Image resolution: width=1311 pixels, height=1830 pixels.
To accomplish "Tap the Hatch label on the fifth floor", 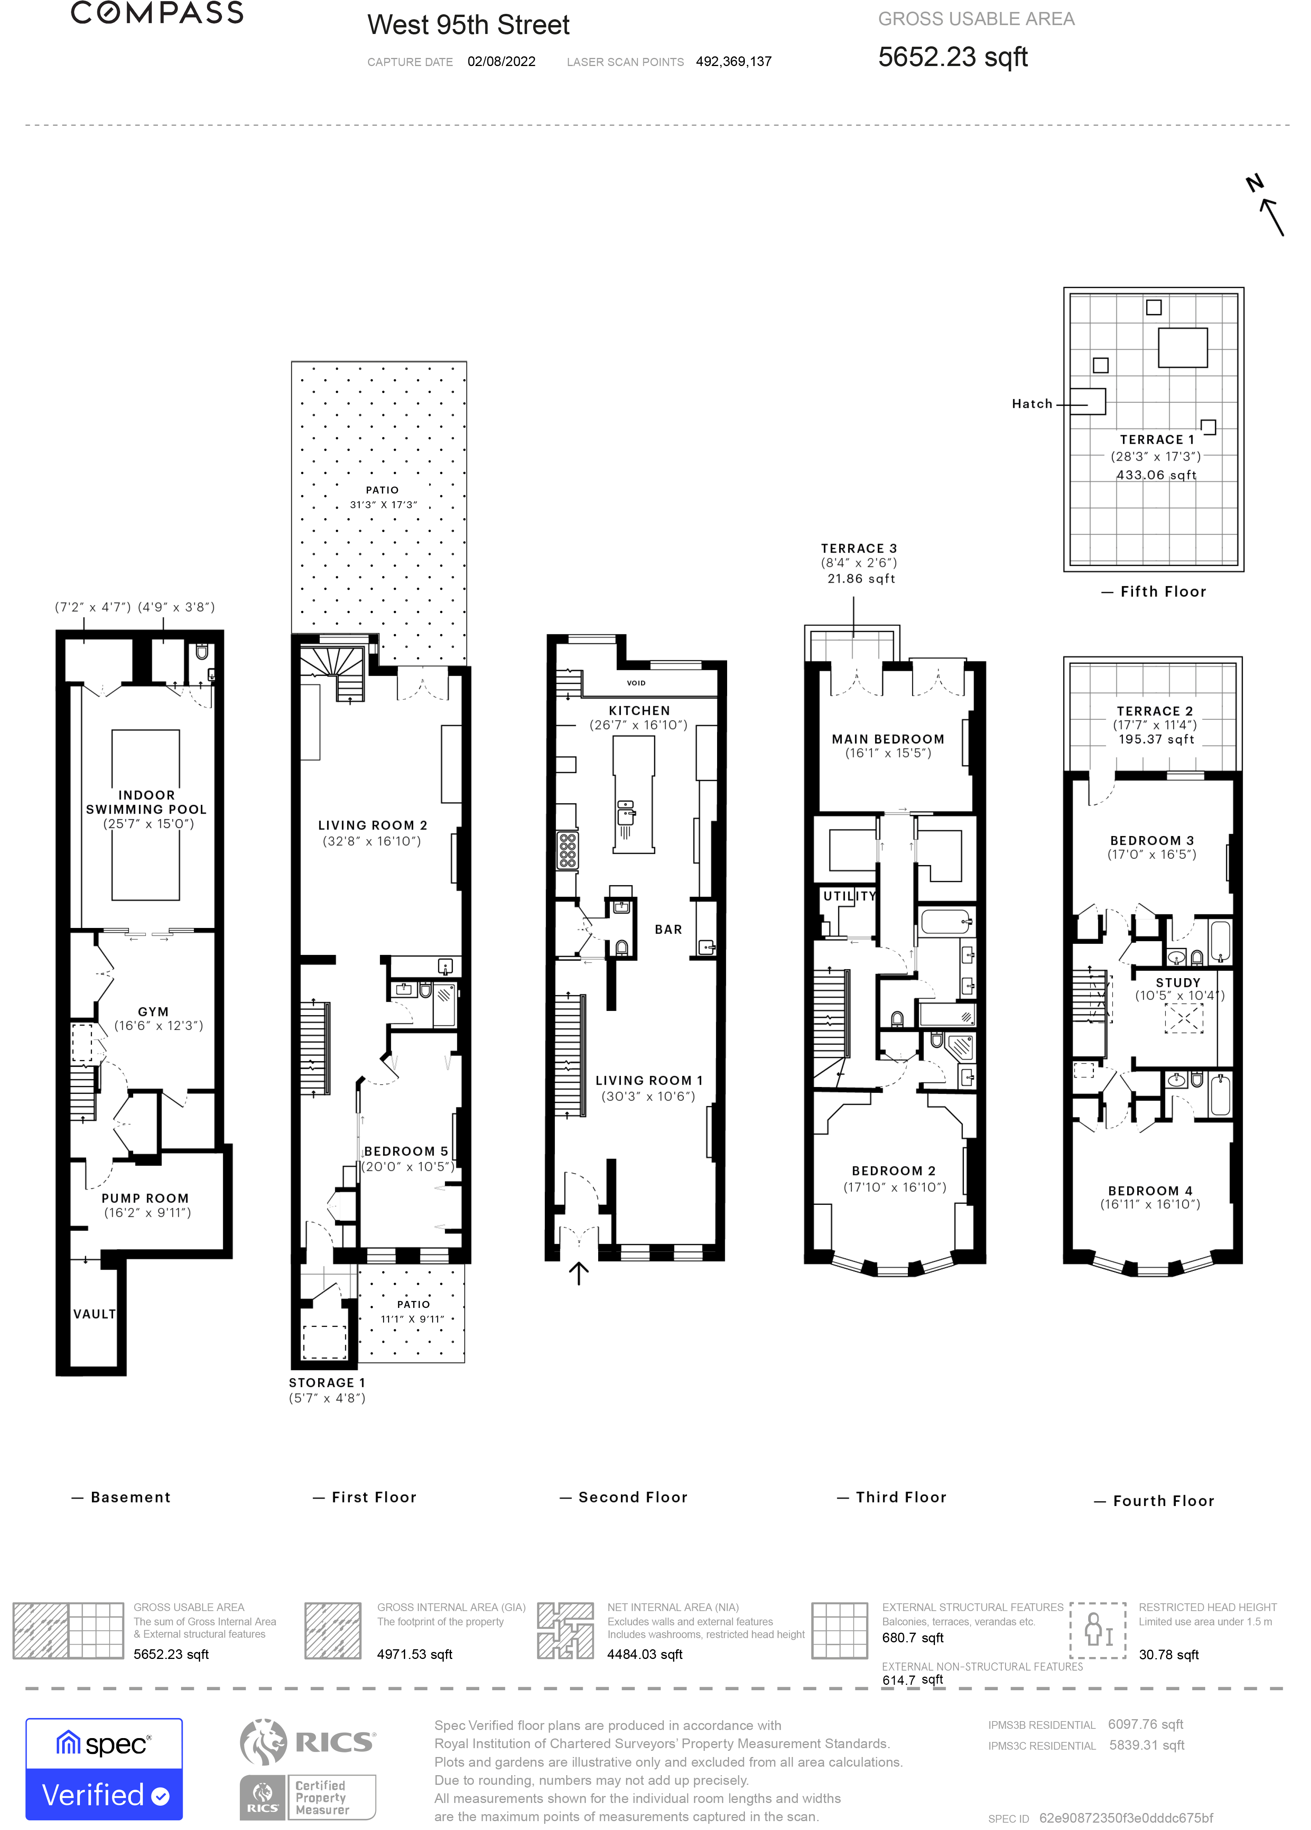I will (1032, 404).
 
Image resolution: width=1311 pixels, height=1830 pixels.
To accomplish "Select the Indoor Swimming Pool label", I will (146, 802).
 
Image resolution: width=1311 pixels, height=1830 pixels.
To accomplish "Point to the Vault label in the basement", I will (94, 1314).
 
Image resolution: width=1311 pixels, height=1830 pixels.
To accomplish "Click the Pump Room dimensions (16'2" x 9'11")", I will (147, 1213).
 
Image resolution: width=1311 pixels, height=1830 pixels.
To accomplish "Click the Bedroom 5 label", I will (405, 1151).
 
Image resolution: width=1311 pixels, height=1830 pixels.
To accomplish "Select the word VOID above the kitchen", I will (636, 683).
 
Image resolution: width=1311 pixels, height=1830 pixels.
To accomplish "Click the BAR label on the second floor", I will (668, 929).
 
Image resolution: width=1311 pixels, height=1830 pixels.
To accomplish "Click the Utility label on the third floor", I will (849, 895).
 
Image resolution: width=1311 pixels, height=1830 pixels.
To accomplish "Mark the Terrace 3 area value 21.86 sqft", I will (861, 578).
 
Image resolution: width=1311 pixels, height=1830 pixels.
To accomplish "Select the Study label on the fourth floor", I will (1178, 982).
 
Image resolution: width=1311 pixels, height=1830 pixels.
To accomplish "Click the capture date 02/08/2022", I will (501, 61).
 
